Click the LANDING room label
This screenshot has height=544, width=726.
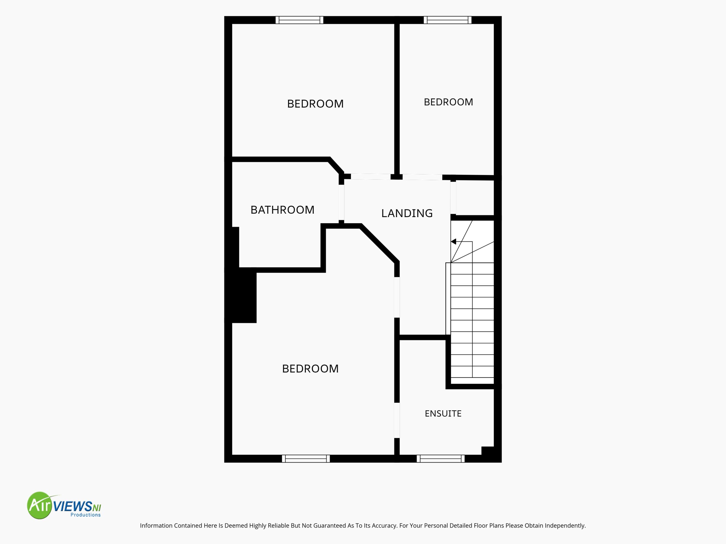407,213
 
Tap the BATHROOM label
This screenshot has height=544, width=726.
282,210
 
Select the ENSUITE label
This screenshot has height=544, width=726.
443,413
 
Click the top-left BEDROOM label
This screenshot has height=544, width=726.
315,104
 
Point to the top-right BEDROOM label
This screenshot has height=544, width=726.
448,102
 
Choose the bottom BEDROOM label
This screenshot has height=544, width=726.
310,369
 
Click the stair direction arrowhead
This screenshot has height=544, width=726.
453,242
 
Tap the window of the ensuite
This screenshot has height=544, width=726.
440,459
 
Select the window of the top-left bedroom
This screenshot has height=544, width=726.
299,20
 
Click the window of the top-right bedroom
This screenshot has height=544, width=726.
447,20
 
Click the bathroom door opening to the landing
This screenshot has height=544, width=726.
341,202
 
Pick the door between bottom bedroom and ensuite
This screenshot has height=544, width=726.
397,420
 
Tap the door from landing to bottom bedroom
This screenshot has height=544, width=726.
397,297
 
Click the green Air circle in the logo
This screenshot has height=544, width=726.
40,505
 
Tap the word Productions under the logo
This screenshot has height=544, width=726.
86,515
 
